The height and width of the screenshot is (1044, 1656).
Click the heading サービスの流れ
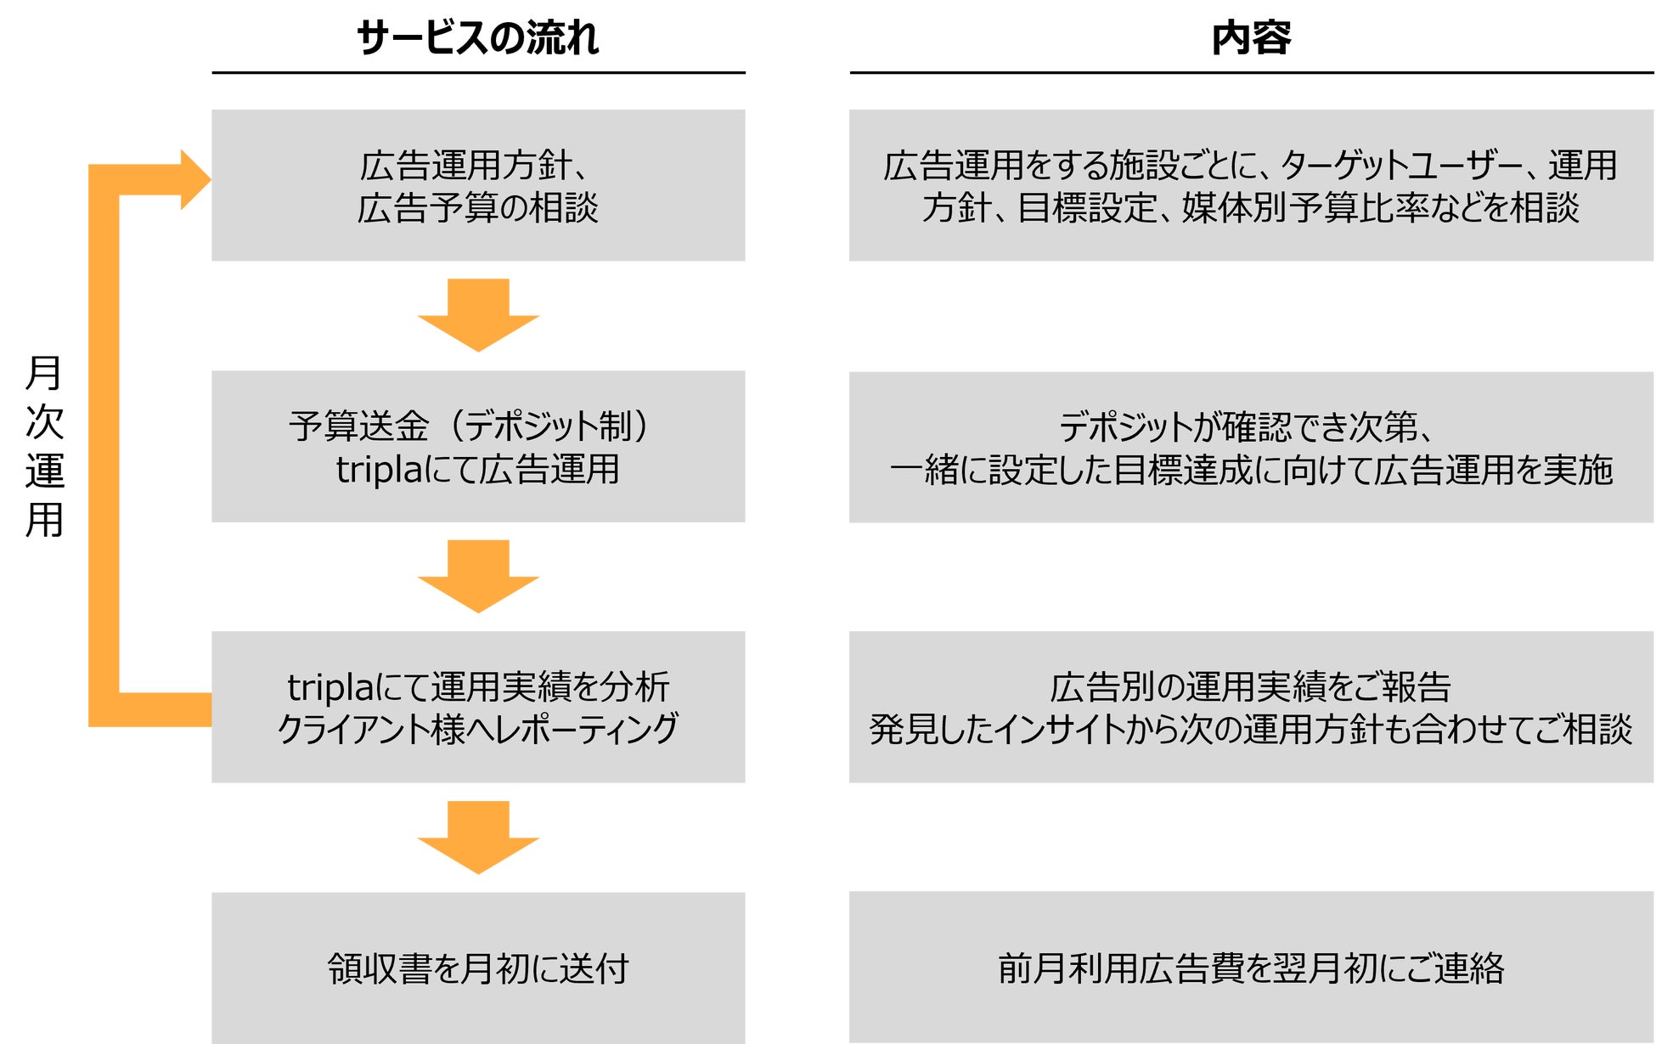click(477, 38)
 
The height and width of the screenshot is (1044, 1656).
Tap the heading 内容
click(1251, 38)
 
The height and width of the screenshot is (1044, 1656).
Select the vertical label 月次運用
click(44, 446)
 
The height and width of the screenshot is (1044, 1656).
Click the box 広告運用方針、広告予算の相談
click(478, 185)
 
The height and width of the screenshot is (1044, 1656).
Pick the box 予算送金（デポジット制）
click(478, 446)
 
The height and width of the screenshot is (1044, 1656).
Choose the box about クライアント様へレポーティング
click(478, 707)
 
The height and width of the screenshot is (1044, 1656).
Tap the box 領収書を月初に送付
click(478, 968)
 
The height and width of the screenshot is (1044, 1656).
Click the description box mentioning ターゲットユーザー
click(1251, 185)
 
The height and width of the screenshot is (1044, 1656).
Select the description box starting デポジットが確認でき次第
click(1251, 447)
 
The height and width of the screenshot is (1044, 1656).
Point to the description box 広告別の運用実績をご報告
click(1251, 707)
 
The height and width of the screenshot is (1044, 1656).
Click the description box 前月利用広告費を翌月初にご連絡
click(1251, 968)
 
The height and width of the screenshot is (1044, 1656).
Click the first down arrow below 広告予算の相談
click(478, 315)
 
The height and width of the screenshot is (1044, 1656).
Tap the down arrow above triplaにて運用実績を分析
click(478, 576)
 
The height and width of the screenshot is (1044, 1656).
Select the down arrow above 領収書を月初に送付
click(478, 837)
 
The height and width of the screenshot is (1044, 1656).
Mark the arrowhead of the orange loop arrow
click(194, 179)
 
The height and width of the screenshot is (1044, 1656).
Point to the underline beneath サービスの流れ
click(478, 73)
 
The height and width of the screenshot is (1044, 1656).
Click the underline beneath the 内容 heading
click(1251, 73)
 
